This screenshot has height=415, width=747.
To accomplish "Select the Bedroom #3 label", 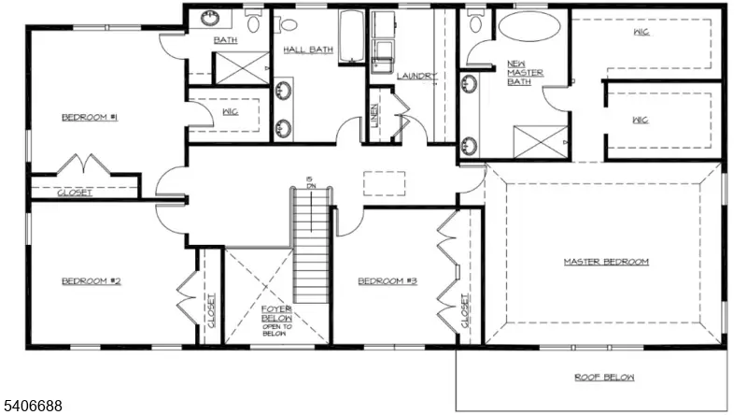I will (385, 281).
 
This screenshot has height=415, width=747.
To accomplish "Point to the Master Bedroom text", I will (605, 262).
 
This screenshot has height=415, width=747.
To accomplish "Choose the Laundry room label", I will (416, 76).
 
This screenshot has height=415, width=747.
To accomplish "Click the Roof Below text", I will (604, 378).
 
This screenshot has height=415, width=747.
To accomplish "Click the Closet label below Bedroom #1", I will (75, 193).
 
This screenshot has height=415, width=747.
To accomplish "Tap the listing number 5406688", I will (33, 406).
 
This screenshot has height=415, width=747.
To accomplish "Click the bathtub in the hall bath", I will (350, 37).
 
